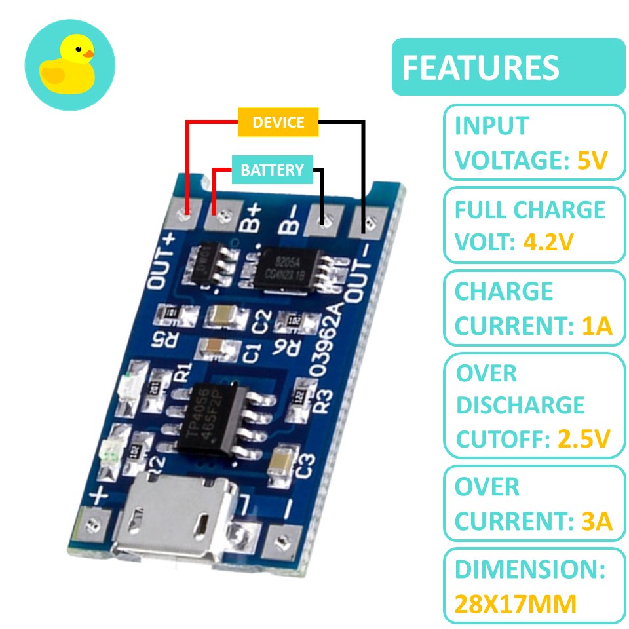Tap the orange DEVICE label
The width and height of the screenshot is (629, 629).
click(278, 123)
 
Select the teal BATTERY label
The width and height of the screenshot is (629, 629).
click(273, 170)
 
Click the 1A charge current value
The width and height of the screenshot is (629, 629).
click(596, 326)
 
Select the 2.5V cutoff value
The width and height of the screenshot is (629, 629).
click(584, 438)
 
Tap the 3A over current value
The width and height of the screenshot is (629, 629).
click(596, 522)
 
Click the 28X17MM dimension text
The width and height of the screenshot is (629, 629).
click(516, 603)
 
